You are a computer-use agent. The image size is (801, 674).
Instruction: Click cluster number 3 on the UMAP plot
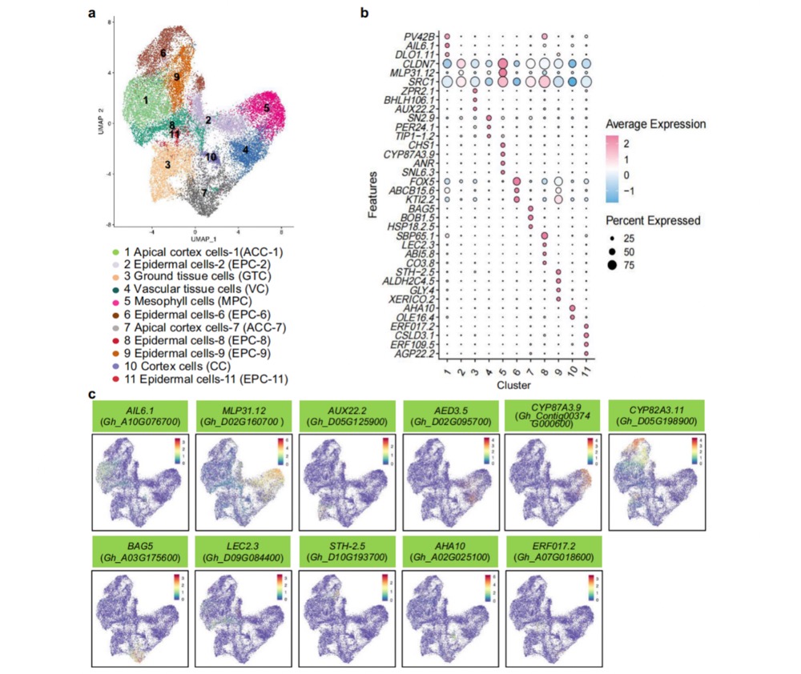[168, 164]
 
